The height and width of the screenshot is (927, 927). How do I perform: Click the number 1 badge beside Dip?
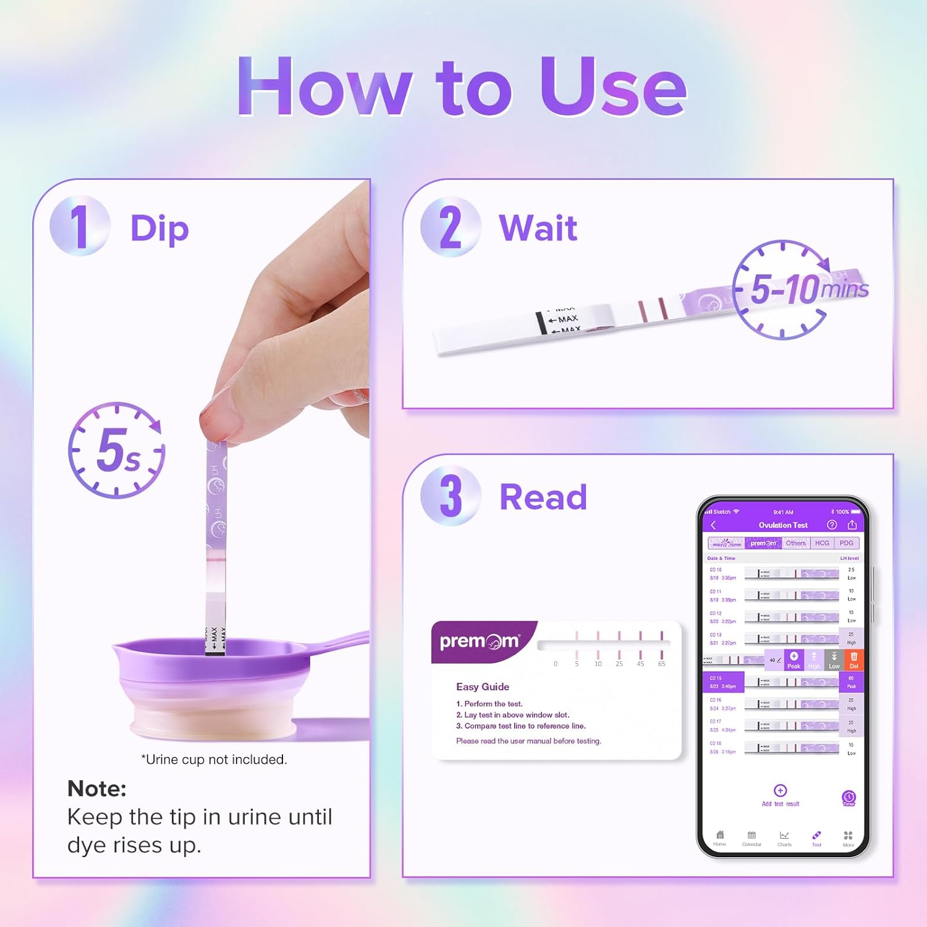pos(80,226)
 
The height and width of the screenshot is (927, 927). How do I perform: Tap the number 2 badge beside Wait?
pos(451,227)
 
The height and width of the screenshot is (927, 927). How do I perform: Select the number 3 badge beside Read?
pos(451,496)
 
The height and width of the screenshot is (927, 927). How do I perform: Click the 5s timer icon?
pos(116,450)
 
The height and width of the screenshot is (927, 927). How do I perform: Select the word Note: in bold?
pos(97,789)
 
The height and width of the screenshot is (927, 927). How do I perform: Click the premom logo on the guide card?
pos(480,641)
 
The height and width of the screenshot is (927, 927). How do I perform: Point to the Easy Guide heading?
pos(483,687)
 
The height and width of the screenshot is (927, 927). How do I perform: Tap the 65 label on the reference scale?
pos(661,664)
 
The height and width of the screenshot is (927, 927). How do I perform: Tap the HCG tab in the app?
pos(822,543)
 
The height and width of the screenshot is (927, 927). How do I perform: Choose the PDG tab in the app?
pos(846,543)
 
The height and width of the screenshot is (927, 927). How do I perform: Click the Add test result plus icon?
pos(780,790)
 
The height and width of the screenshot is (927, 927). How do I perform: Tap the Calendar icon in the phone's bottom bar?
pos(751,836)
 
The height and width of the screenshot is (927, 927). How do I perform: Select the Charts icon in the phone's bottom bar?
pos(784,836)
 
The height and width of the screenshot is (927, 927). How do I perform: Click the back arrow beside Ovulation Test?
pos(713,525)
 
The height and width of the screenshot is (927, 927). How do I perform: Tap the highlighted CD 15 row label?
pos(722,682)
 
